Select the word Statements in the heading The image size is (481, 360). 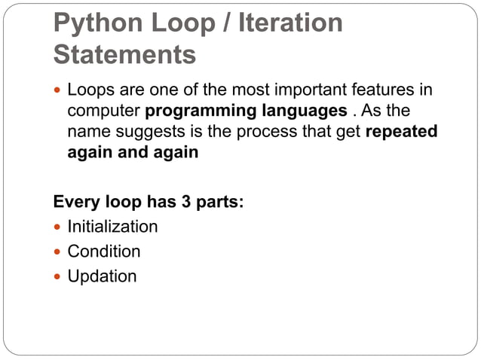pos(125,54)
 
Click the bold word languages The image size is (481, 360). pos(297,111)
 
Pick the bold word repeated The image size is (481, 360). pos(401,132)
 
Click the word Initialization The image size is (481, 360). pos(112,227)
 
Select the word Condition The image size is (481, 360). pos(104,251)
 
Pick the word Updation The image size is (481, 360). pos(102,276)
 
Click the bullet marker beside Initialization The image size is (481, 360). pos(58,227)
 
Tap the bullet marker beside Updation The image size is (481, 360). pos(58,276)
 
